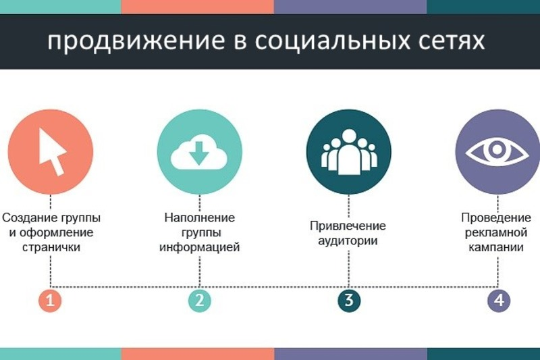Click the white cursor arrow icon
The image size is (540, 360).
[51, 149]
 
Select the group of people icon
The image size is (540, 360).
[348, 150]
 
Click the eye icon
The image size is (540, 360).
[497, 151]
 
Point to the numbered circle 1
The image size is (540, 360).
[50, 301]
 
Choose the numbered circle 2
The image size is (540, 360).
[199, 301]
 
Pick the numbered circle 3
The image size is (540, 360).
[348, 301]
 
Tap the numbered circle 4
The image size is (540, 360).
[498, 301]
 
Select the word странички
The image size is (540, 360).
[51, 247]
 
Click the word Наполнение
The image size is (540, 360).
[200, 218]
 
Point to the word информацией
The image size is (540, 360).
[200, 247]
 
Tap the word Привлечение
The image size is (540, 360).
[348, 226]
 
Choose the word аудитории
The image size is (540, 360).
[348, 240]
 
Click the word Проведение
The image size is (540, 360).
[497, 218]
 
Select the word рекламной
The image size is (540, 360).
[497, 233]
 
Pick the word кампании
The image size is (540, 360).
[497, 247]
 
